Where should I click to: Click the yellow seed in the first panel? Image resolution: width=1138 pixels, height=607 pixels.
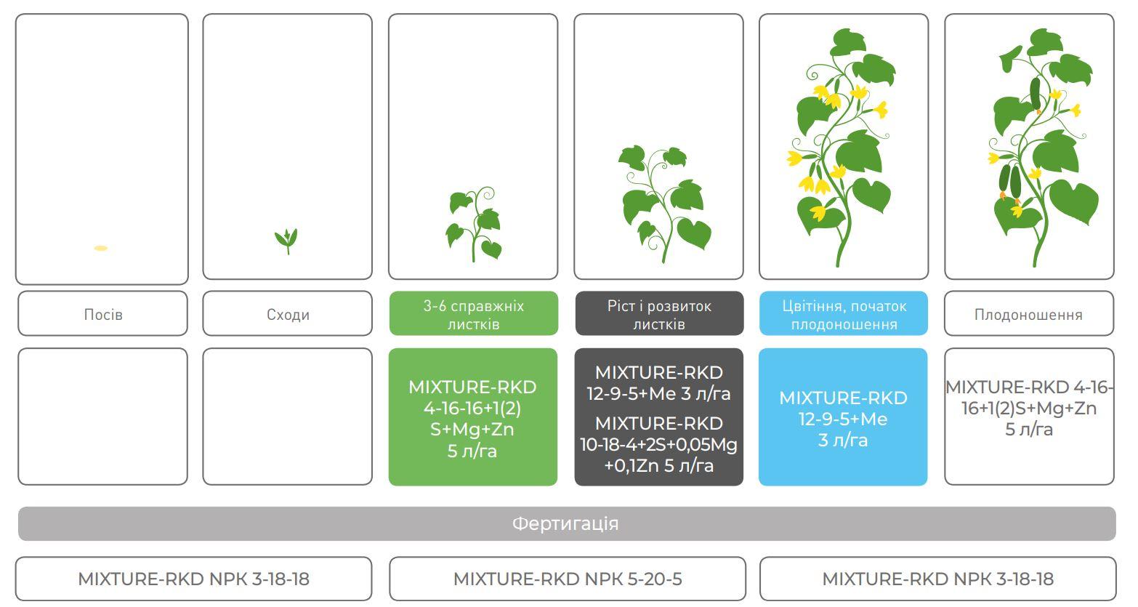click(100, 248)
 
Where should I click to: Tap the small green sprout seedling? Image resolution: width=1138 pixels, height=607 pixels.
click(286, 241)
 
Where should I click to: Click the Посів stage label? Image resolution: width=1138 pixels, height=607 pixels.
click(102, 313)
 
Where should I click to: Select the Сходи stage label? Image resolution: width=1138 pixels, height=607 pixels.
click(288, 313)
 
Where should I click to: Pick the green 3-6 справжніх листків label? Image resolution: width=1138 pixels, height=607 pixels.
click(474, 313)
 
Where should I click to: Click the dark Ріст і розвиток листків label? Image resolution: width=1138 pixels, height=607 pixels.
click(659, 313)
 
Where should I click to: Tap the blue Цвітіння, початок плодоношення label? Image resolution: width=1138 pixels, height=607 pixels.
click(844, 313)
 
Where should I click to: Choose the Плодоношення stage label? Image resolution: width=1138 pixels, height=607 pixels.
click(1029, 313)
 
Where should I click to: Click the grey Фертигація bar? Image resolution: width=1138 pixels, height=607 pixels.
click(567, 523)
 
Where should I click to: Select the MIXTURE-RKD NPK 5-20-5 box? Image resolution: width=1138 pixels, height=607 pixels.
click(568, 579)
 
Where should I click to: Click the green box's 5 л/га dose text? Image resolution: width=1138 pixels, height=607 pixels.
click(472, 451)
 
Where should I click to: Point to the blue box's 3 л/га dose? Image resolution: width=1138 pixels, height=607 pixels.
click(843, 441)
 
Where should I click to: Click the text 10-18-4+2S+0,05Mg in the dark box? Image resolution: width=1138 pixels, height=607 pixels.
click(658, 445)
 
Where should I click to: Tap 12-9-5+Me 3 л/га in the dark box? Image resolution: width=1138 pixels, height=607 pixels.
click(658, 393)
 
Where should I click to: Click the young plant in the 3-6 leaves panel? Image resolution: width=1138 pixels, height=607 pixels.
click(475, 225)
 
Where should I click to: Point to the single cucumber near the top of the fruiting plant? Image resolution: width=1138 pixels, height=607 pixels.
click(1036, 94)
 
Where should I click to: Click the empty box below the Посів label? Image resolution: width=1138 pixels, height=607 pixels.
click(102, 417)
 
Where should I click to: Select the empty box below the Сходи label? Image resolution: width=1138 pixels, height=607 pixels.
click(288, 417)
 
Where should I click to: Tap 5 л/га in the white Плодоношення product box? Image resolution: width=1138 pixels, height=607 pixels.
click(1029, 430)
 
